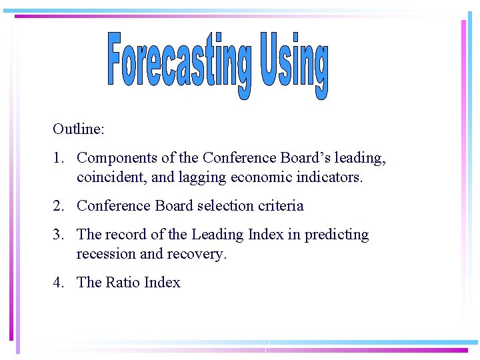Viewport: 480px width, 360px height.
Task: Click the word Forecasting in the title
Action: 180,61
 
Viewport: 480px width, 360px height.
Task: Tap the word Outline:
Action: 79,129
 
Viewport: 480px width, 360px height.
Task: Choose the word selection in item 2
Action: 218,206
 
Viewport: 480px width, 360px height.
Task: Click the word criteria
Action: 281,206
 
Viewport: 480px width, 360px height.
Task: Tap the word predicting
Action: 337,235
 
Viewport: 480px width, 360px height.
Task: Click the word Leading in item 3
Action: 216,235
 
